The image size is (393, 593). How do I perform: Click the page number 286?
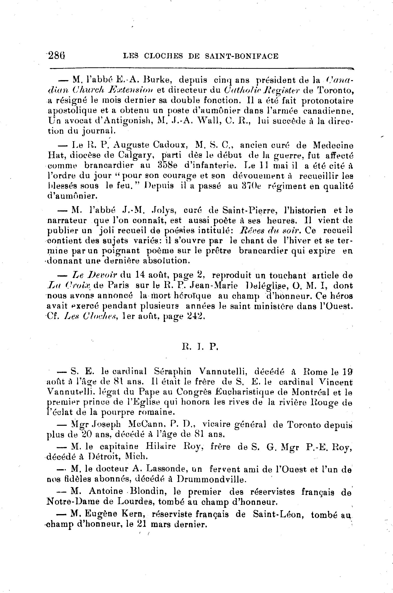57,55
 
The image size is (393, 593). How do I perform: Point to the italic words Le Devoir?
95,275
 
